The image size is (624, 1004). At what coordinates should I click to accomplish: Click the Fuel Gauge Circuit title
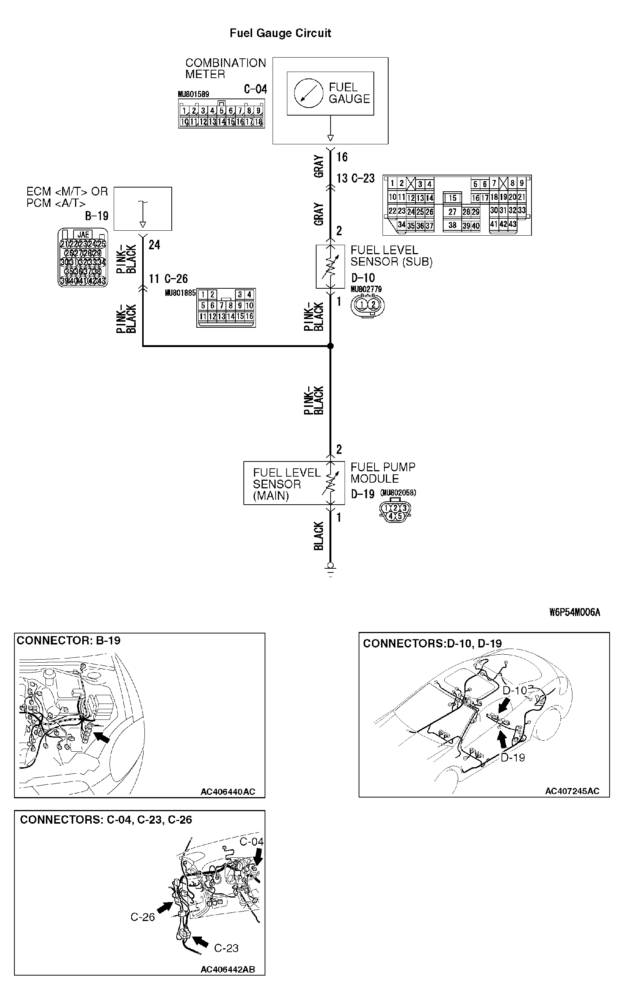click(280, 33)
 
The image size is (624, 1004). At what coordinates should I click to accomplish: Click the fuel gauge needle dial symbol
click(308, 93)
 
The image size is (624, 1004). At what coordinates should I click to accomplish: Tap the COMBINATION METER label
click(225, 69)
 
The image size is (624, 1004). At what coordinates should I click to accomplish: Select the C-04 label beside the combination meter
click(256, 89)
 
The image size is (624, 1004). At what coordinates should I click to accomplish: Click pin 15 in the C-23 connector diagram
click(453, 198)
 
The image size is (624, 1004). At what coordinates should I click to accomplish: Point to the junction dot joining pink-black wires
click(330, 346)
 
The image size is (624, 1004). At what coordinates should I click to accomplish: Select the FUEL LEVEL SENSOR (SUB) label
click(391, 256)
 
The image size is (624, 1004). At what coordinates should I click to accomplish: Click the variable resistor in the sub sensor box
click(330, 266)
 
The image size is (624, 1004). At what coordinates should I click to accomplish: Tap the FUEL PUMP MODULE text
click(383, 473)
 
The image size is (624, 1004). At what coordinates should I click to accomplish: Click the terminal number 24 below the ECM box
click(154, 245)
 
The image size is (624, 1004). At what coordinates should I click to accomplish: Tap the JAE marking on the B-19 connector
click(83, 235)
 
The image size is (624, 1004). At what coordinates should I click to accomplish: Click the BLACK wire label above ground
click(318, 536)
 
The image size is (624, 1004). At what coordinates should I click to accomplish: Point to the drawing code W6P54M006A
click(574, 612)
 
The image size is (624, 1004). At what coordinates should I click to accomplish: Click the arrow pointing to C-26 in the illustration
click(165, 907)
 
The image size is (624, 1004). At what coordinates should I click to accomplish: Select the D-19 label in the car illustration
click(513, 757)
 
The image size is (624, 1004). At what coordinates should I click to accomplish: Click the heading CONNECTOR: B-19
click(69, 640)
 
